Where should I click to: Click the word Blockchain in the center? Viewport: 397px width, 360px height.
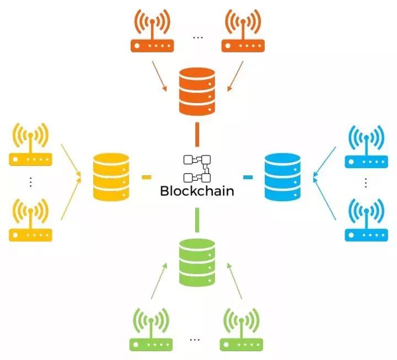point(197,191)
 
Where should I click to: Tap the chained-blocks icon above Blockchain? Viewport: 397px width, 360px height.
point(197,169)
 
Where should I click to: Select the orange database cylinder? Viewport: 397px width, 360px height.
point(197,92)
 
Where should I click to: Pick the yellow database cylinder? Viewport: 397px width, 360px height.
point(111,177)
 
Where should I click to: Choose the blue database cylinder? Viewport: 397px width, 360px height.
point(282,177)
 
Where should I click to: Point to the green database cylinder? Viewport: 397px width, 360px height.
point(197,262)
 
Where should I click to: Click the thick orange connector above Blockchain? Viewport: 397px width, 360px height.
point(197,135)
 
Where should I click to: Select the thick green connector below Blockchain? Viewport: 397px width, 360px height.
point(197,220)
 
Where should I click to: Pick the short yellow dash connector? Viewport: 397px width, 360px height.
point(146,177)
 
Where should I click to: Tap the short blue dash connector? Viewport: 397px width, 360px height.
point(248,177)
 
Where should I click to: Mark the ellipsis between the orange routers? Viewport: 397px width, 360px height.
point(198,37)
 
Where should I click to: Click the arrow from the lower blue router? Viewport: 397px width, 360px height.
point(324,198)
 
